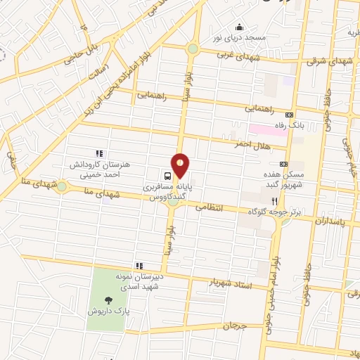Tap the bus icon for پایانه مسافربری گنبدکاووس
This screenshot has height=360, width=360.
(167, 176)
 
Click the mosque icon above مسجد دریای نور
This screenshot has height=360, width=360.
(239, 27)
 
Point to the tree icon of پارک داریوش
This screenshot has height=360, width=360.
(107, 300)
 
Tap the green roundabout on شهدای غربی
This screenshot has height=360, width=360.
(192, 49)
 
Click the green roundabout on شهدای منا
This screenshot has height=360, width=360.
(62, 187)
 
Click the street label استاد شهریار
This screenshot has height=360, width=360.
(231, 283)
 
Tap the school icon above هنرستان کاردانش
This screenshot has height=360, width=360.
(98, 153)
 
